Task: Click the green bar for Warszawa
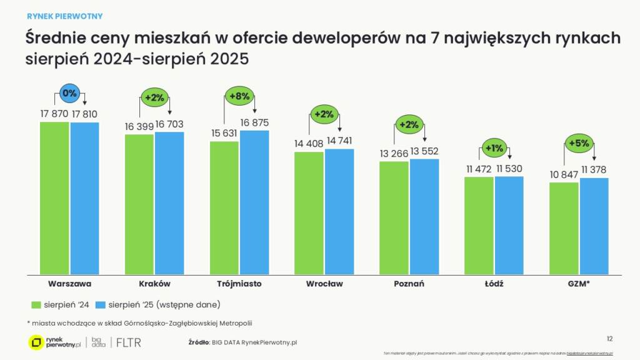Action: coord(54,197)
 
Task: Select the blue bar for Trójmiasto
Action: coord(254,201)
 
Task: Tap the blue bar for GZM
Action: coord(594,226)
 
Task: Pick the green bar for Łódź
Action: coord(479,225)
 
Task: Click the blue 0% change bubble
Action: coord(69,93)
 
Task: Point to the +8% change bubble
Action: coord(239,96)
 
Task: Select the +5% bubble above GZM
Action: coord(579,142)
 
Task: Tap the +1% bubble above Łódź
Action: coord(494,149)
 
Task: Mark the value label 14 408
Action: coord(308,144)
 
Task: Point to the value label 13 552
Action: coord(425,151)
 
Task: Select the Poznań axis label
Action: coord(409,284)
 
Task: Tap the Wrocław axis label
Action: coord(324,284)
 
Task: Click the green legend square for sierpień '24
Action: coord(36,304)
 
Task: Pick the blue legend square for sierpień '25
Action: coord(101,304)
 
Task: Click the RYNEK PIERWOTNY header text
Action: coord(64,16)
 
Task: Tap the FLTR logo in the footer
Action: coord(129,342)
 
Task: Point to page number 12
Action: coord(609,338)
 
